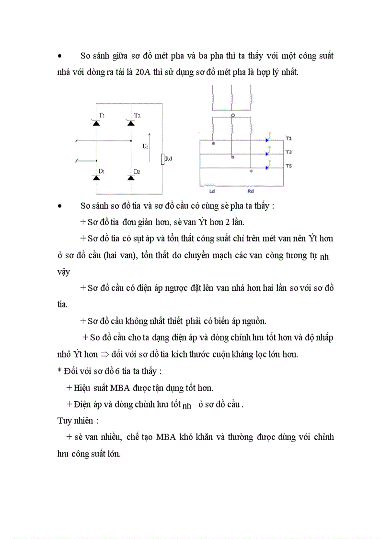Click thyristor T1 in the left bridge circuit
click(96, 123)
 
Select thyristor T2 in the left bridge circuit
click(131, 123)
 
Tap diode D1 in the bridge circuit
click(96, 178)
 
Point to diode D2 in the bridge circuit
click(131, 178)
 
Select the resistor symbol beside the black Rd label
click(163, 159)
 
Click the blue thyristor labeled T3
click(267, 154)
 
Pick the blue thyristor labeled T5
click(267, 168)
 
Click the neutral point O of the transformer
click(232, 116)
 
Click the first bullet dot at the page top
click(59, 56)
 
